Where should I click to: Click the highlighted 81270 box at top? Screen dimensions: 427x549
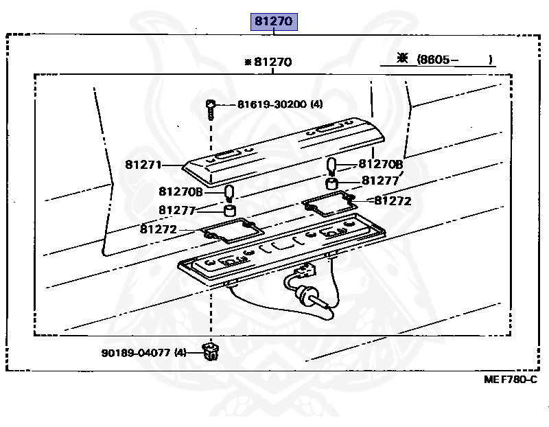click(x=273, y=22)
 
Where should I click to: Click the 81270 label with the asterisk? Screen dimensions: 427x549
click(x=270, y=62)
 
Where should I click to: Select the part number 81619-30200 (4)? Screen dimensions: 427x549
click(x=279, y=104)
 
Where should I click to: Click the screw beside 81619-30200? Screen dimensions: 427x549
click(x=210, y=107)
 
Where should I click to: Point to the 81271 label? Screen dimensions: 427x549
click(x=143, y=165)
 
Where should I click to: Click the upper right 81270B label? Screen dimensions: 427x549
click(x=381, y=164)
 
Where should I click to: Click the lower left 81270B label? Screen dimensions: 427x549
click(x=180, y=192)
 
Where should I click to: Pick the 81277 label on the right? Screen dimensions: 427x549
click(x=380, y=181)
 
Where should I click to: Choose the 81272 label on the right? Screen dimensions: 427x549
click(x=393, y=201)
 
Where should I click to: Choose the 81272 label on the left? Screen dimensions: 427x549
click(x=159, y=229)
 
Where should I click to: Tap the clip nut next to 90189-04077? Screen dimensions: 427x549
click(x=210, y=353)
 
